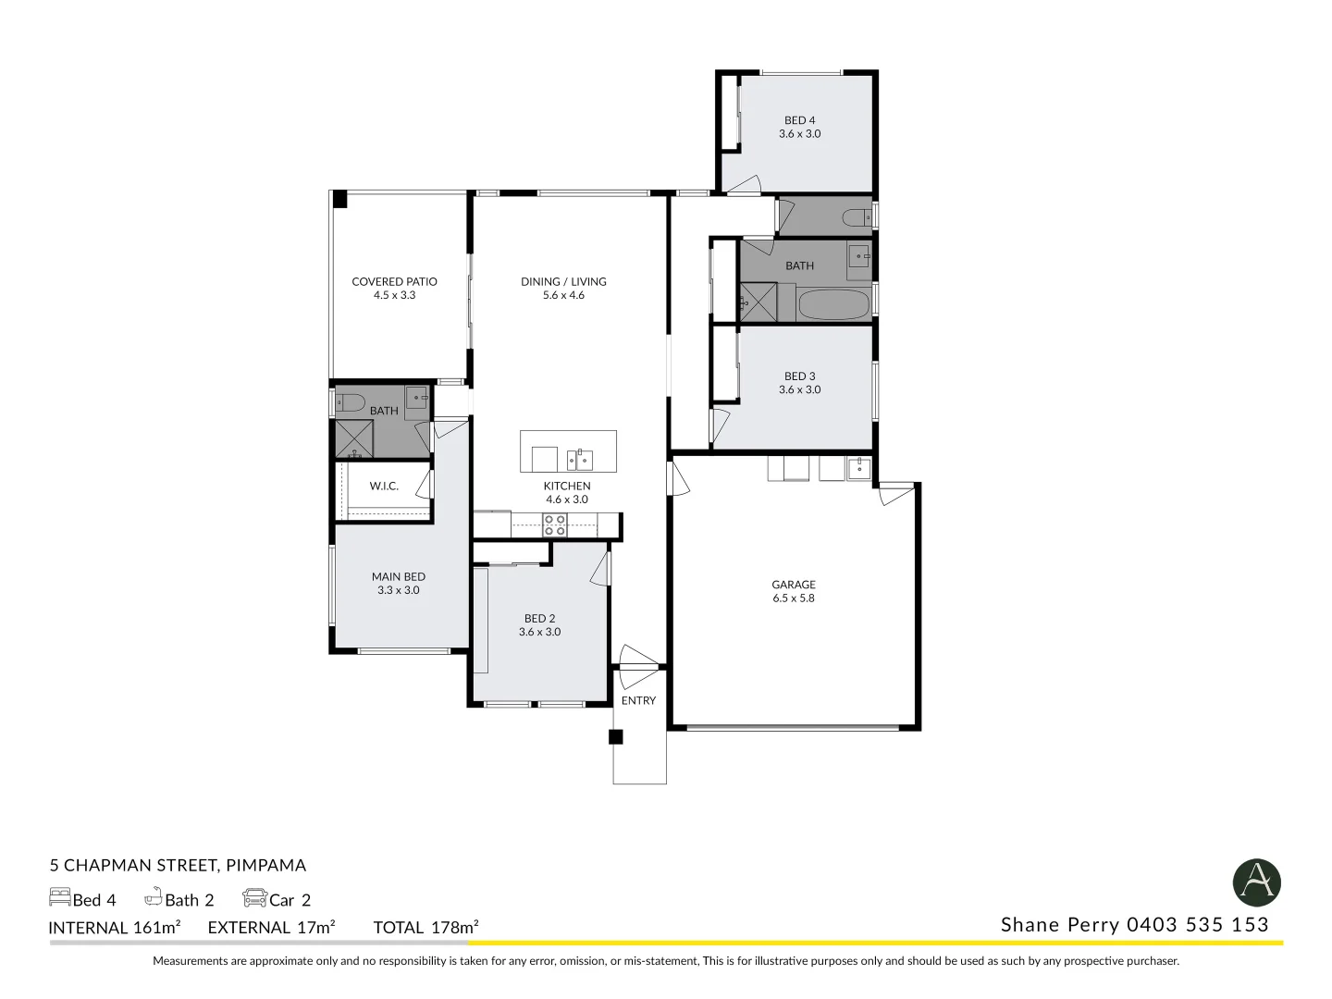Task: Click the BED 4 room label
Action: (x=799, y=120)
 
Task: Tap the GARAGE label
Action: (x=793, y=584)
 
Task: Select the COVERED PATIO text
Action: (x=394, y=281)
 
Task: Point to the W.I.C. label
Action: (x=384, y=486)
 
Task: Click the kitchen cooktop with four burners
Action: (x=554, y=524)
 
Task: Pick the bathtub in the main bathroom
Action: (x=833, y=304)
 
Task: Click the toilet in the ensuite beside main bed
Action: (x=350, y=401)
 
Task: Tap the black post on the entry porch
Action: (x=615, y=736)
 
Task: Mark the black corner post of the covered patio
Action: (x=339, y=200)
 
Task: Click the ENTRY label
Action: (x=638, y=700)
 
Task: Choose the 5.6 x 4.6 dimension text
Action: (x=563, y=295)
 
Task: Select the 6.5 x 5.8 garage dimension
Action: (x=793, y=598)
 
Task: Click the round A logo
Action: (x=1257, y=882)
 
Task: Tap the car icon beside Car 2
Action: (x=255, y=898)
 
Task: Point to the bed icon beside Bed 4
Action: (x=59, y=897)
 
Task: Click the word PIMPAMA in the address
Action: (x=265, y=865)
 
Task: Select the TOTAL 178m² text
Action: (x=425, y=927)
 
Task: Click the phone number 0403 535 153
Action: (x=1197, y=925)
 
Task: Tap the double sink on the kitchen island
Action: (x=580, y=460)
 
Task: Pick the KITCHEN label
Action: (x=567, y=486)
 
